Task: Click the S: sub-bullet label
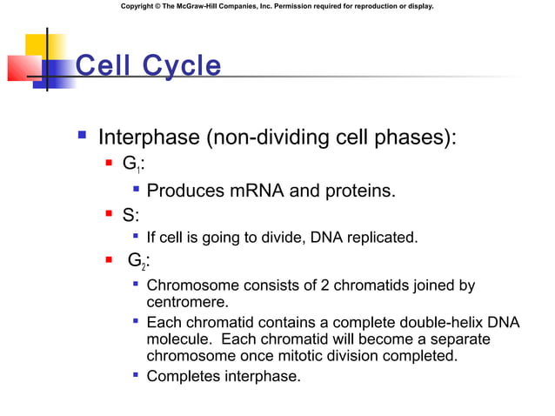tap(131, 213)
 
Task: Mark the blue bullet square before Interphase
tap(81, 137)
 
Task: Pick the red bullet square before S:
tap(109, 213)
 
